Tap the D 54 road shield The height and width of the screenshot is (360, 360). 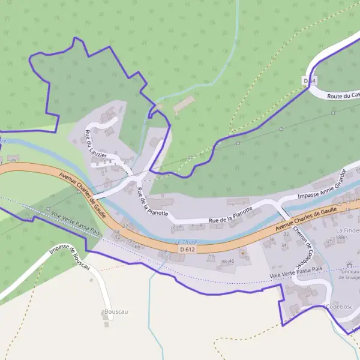pyautogui.click(x=309, y=80)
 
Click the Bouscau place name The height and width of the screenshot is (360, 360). pyautogui.click(x=116, y=312)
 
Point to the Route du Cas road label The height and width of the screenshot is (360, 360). pyautogui.click(x=344, y=95)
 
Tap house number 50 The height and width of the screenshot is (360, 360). pyautogui.click(x=211, y=256)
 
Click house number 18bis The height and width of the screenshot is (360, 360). pyautogui.click(x=342, y=238)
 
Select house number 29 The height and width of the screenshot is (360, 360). pyautogui.click(x=13, y=160)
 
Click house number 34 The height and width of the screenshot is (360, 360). pyautogui.click(x=284, y=245)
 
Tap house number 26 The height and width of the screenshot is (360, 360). pyautogui.click(x=329, y=242)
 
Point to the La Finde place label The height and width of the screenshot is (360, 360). pyautogui.click(x=347, y=230)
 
